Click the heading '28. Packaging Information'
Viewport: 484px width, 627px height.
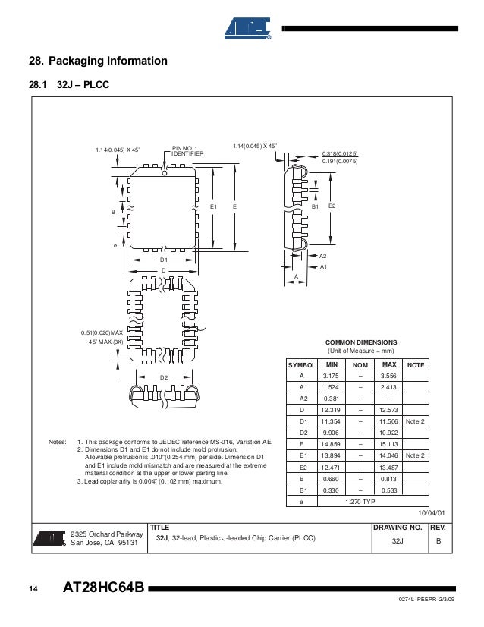click(98, 61)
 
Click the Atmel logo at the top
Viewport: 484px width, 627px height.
click(248, 28)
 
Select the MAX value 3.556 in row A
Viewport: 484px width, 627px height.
click(388, 376)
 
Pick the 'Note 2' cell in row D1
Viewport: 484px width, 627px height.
click(415, 421)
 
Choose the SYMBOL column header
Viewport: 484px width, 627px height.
click(301, 365)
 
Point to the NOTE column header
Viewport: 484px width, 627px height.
click(415, 365)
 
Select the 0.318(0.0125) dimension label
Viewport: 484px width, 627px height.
click(340, 153)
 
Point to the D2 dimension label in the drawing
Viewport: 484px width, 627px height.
click(163, 377)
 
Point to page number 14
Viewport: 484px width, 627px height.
click(33, 590)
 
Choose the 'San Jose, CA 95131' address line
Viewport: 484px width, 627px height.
click(104, 543)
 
